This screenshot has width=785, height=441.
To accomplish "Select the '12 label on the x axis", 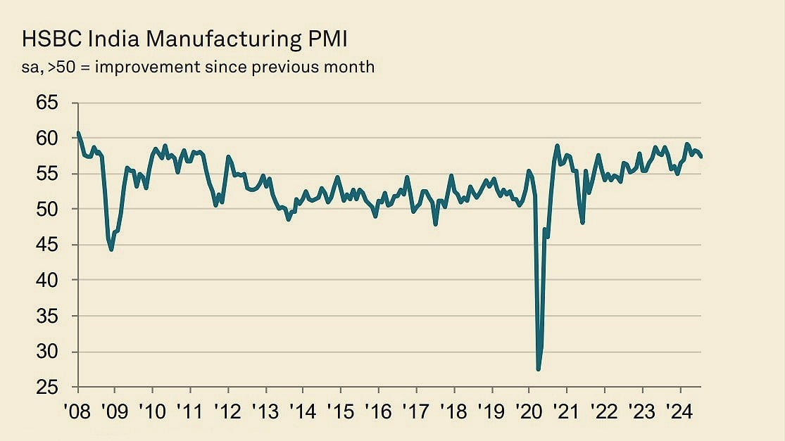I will tap(227, 410).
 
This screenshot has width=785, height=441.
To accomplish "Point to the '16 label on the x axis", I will tap(378, 410).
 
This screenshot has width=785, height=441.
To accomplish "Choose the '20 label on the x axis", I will tap(529, 410).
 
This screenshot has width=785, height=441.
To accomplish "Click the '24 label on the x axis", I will tap(679, 410).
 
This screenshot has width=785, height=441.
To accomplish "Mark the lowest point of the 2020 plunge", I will tap(539, 369).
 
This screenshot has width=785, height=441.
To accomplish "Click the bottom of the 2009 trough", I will tap(111, 250).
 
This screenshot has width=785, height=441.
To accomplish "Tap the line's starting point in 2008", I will tap(77, 132).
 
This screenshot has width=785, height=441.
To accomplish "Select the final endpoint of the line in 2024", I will tap(701, 157).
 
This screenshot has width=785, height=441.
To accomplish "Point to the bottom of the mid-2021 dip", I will tap(583, 222).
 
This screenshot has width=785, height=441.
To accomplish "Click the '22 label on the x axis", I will tap(604, 410).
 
